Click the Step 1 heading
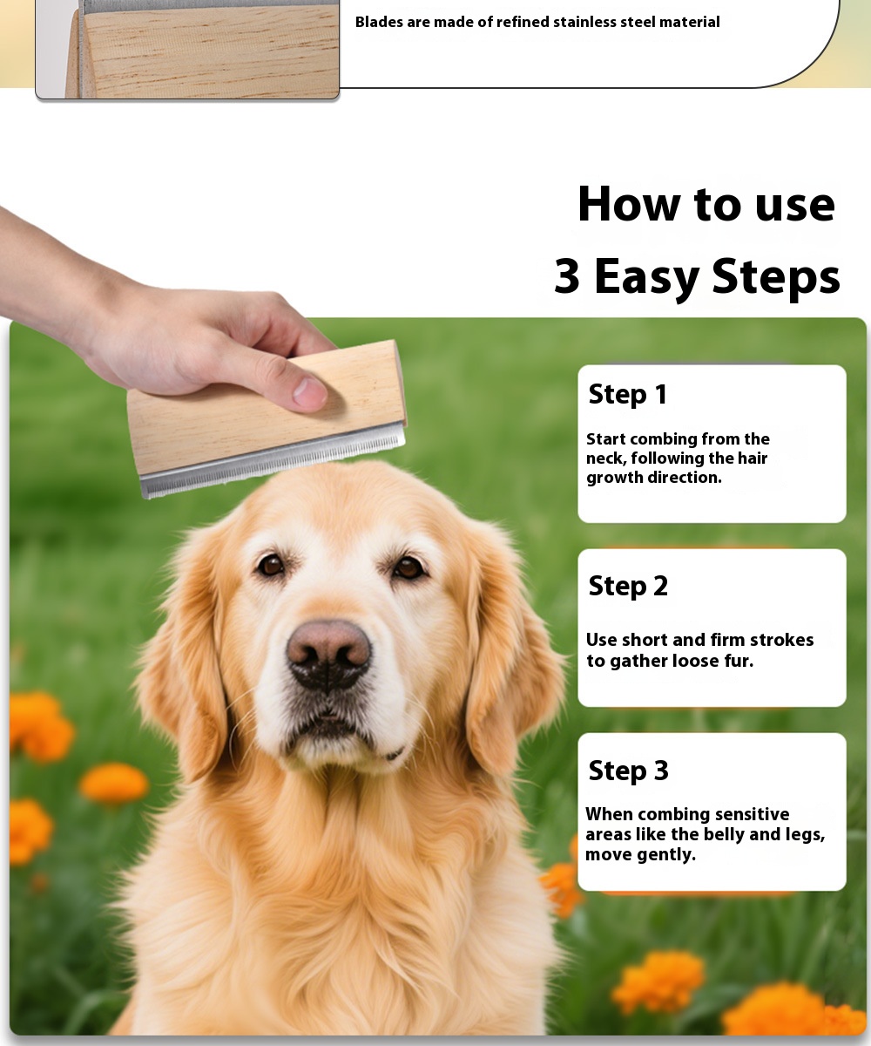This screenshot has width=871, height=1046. point(628,394)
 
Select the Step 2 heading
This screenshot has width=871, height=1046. point(628,586)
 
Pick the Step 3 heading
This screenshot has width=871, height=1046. point(628,770)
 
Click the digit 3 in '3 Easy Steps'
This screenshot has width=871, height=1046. point(567,276)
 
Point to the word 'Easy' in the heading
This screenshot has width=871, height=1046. point(646,278)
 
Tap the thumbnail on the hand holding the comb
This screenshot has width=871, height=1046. point(310,392)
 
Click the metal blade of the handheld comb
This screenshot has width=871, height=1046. point(273,461)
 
